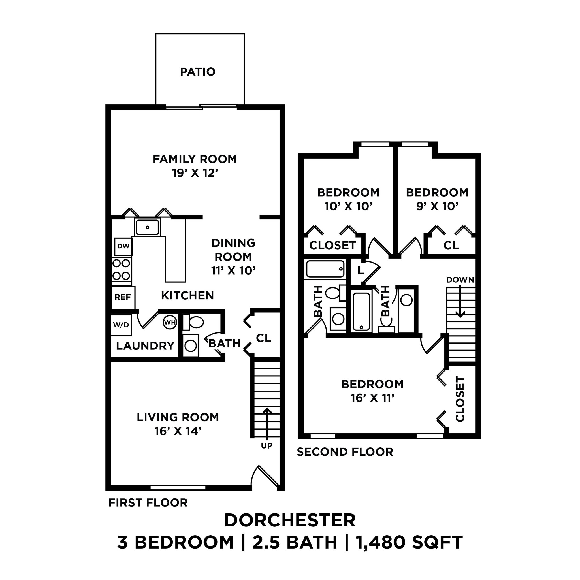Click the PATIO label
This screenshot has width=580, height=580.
[198, 72]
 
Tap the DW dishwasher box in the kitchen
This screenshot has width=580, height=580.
[123, 246]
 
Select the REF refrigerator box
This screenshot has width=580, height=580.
[123, 297]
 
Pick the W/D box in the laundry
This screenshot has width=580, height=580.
[121, 325]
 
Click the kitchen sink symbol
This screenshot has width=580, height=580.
[147, 227]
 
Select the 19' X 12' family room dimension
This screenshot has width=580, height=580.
[195, 173]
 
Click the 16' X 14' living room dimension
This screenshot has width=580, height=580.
[178, 431]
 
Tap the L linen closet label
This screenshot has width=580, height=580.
[361, 270]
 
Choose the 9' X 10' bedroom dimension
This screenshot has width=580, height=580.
[437, 206]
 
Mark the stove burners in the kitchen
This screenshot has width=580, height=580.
[121, 270]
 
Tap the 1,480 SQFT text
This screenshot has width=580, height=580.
[409, 542]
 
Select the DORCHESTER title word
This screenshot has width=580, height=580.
[290, 520]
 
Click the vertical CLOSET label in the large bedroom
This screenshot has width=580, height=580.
[460, 399]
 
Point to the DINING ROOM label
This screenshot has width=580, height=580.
[233, 250]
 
